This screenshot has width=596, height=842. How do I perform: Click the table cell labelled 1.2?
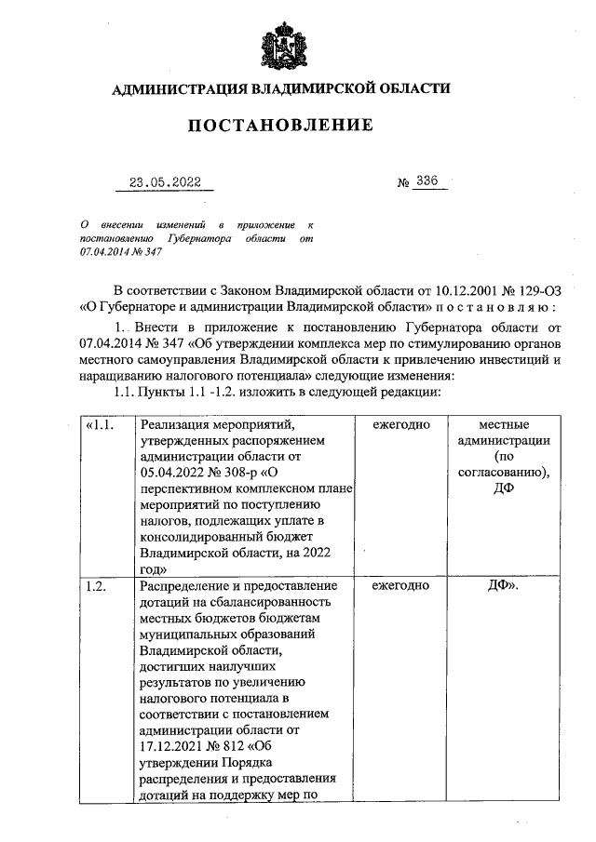tap(95, 585)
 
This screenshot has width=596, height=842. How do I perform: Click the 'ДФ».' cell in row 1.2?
tap(504, 585)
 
